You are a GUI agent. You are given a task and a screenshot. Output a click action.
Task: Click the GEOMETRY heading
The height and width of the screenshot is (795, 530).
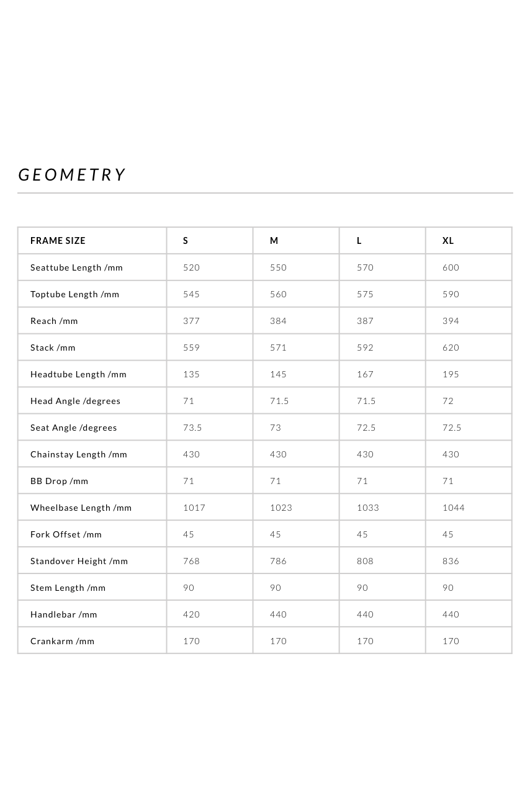point(72,175)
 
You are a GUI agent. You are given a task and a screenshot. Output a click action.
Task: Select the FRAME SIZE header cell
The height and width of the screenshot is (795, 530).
point(58,241)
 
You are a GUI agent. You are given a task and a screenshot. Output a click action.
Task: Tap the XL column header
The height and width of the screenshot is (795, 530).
point(448,241)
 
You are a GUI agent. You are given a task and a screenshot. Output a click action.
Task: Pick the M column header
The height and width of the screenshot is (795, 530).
point(274,241)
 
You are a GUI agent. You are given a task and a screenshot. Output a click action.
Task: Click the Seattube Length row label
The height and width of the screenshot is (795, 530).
point(76,267)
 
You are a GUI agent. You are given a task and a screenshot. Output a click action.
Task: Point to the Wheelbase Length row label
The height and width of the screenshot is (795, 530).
point(81,508)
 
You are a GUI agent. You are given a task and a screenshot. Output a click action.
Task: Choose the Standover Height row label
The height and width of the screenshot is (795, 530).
point(79,561)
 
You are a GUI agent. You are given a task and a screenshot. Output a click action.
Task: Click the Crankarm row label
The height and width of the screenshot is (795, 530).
point(62,641)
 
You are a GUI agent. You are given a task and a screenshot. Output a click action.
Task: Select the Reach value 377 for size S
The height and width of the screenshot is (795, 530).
point(191,321)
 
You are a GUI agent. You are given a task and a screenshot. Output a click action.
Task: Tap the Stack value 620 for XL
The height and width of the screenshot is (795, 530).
point(451,348)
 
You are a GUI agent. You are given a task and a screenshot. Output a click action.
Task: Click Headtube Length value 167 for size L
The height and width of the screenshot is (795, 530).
point(365,374)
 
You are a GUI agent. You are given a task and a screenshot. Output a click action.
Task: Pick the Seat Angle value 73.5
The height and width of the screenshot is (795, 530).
point(192,428)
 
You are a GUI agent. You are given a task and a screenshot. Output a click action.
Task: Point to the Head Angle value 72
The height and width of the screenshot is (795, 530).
point(448,401)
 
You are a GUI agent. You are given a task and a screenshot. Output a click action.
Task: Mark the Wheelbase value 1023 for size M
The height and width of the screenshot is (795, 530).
point(281,508)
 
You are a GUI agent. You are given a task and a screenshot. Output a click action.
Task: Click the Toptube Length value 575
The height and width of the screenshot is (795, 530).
point(365,294)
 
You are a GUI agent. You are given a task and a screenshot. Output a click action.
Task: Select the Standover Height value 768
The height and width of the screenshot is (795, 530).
point(191,561)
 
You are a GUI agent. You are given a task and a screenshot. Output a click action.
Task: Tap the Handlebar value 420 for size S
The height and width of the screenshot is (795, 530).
point(191,614)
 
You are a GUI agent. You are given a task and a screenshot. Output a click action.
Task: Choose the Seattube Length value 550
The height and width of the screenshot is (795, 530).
point(278,267)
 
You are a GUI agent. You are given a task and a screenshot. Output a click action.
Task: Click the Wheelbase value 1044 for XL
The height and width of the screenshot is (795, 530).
point(453,508)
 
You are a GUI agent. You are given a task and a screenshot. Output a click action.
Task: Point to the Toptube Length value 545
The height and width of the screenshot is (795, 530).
point(191,294)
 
